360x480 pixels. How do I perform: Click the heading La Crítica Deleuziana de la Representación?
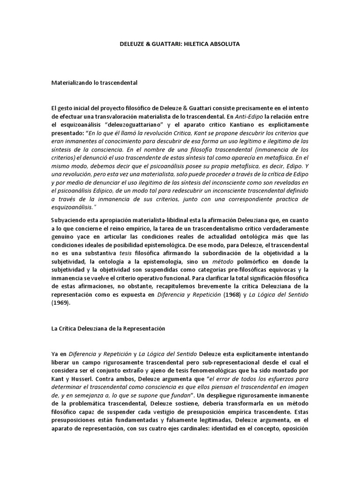click(x=108, y=329)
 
